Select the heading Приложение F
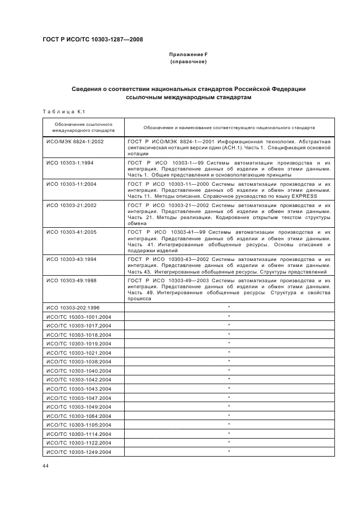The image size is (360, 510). coord(188,55)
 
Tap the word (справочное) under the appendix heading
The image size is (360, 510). coord(188,62)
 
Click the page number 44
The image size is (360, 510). coord(46,466)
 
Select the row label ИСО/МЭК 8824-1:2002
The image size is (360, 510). coord(75,142)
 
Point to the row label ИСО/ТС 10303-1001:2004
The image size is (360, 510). coord(79,317)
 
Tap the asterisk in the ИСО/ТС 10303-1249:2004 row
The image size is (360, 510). coord(229,452)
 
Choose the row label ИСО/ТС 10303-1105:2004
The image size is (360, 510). coord(79,424)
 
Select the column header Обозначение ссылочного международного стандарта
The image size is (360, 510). coord(83,127)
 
